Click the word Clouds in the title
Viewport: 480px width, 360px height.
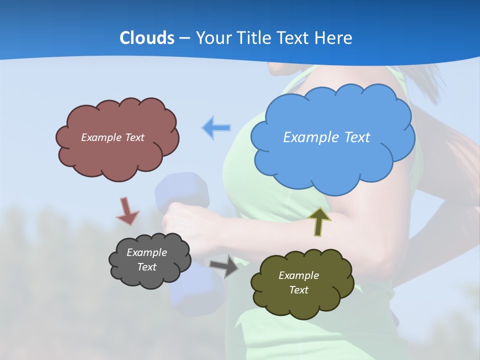pos(146,38)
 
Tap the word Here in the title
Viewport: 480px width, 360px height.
pos(334,38)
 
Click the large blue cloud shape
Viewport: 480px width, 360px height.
pos(332,160)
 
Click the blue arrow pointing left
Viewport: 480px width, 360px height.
pos(216,128)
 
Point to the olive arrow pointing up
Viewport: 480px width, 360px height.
pos(319,221)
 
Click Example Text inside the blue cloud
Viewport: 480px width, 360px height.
pos(326,137)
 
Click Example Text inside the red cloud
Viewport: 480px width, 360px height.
pos(112,137)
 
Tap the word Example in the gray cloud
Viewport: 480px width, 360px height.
pos(146,252)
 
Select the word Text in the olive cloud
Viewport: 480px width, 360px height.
pos(298,290)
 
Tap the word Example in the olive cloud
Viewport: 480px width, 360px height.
pos(298,275)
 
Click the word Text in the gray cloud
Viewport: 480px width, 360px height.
pos(146,267)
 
